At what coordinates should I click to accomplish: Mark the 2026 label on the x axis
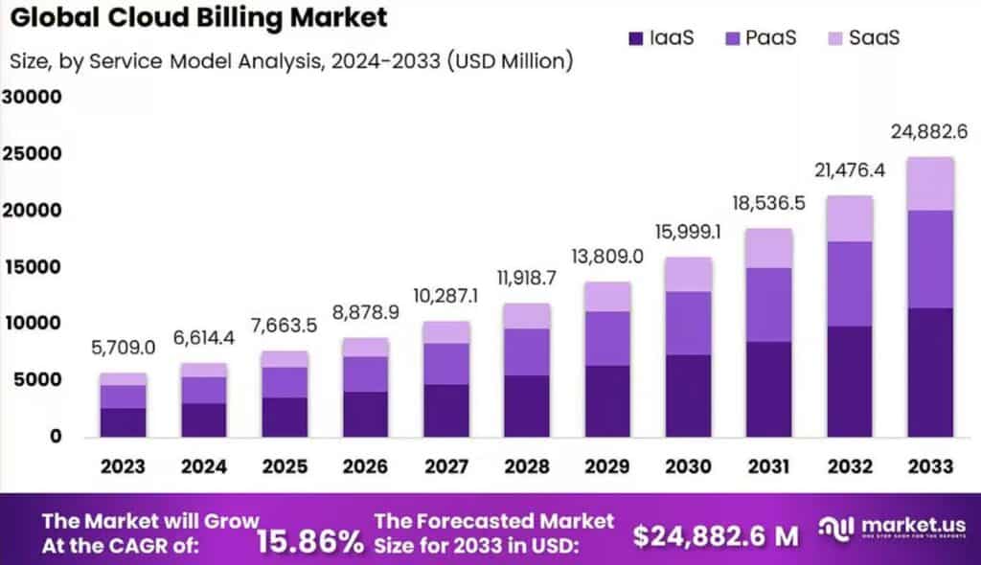click(x=365, y=466)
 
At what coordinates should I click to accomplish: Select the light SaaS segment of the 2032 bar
click(x=850, y=218)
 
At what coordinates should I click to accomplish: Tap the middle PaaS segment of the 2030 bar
click(x=688, y=323)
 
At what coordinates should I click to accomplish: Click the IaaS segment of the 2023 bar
click(x=124, y=421)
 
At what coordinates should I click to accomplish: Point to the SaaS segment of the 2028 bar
click(x=527, y=316)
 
